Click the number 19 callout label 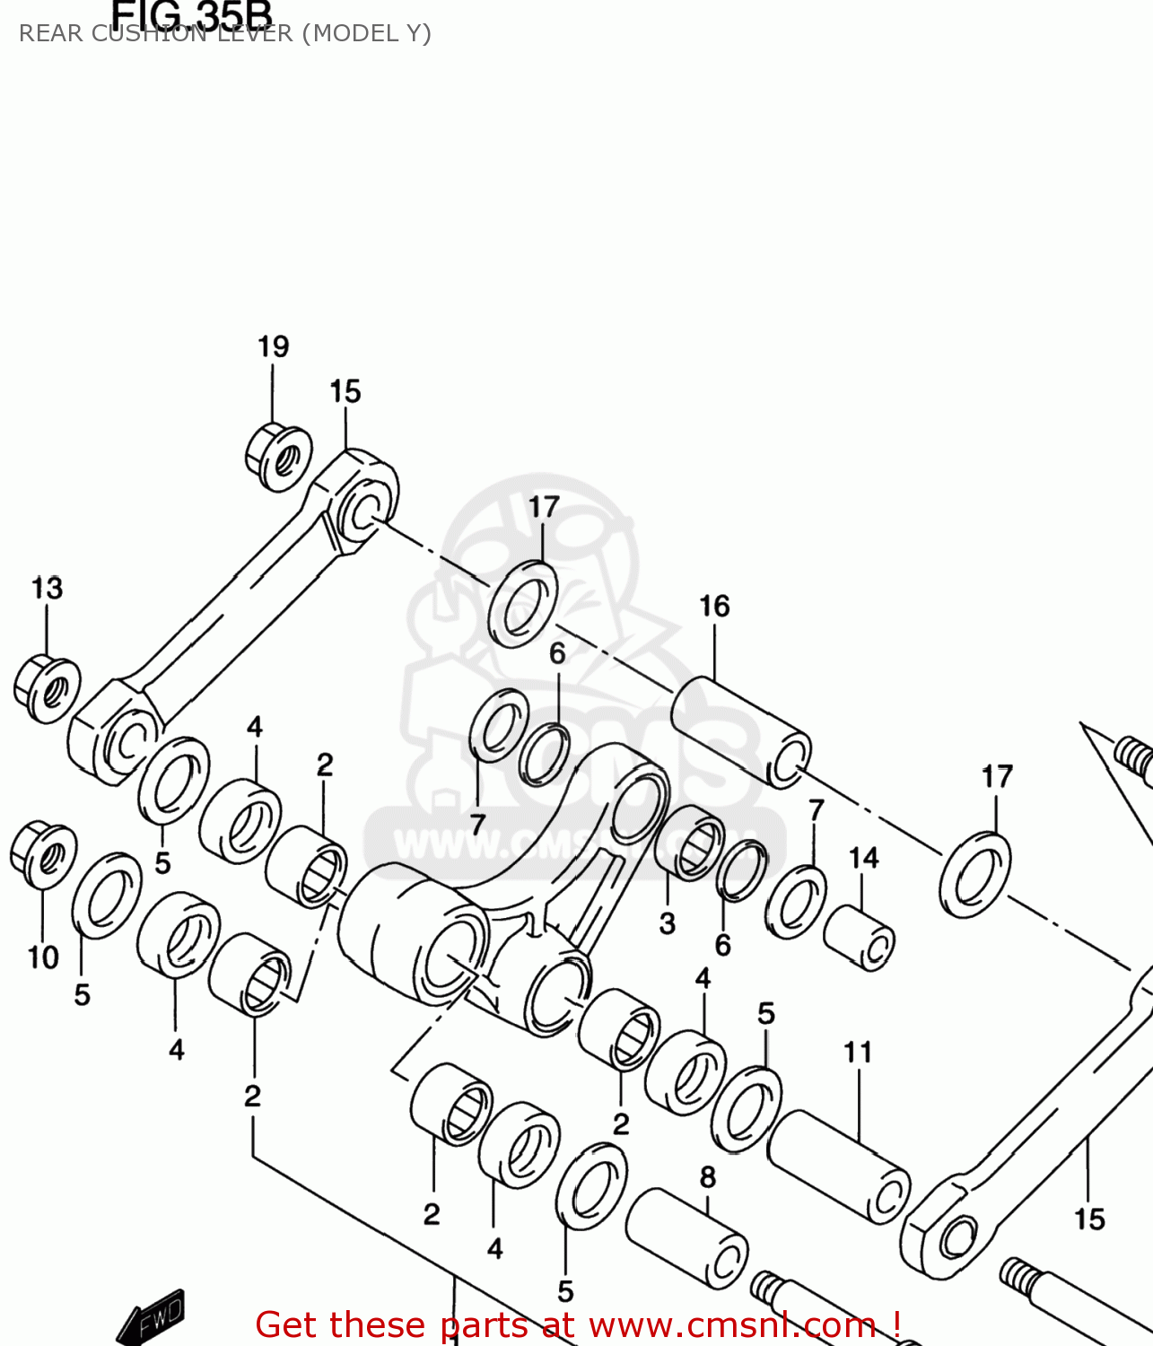tap(274, 346)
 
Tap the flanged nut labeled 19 tap(279, 458)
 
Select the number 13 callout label tap(47, 588)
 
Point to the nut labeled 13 tap(47, 689)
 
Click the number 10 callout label tap(43, 957)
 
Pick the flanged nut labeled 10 tap(43, 854)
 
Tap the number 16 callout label tap(715, 607)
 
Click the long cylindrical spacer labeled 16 tap(741, 732)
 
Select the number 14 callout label tap(864, 858)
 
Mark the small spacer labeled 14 tap(860, 938)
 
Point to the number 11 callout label tap(858, 1052)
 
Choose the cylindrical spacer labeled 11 tap(839, 1167)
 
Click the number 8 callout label tap(708, 1176)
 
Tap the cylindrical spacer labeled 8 tap(687, 1239)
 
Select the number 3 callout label tap(667, 923)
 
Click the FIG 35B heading tap(191, 14)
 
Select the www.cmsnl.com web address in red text tap(732, 1325)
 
